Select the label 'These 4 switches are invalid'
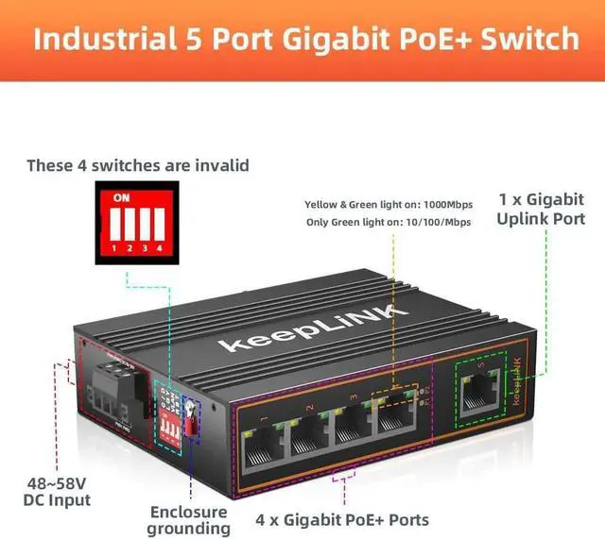point(138,165)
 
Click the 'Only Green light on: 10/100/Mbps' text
point(389,222)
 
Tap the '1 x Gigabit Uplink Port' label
point(541,209)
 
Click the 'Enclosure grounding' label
point(189,519)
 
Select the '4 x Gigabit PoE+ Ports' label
point(343,519)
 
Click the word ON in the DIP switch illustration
point(121,197)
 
